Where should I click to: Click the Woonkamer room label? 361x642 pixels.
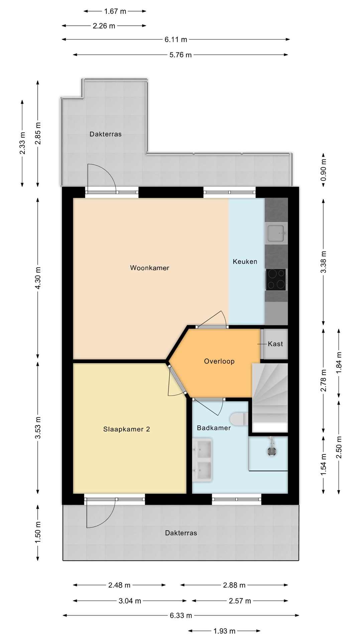click(x=149, y=268)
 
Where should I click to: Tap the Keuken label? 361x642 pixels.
click(x=245, y=261)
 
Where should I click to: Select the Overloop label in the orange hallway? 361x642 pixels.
click(x=219, y=361)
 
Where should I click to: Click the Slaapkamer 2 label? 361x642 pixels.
click(x=126, y=429)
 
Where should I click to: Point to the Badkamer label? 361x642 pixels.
click(x=214, y=428)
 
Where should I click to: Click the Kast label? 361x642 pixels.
click(x=275, y=344)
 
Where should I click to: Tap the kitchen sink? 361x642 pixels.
click(x=276, y=233)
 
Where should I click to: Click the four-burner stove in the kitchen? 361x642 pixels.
click(x=276, y=280)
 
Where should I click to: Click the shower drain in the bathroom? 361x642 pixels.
click(x=272, y=451)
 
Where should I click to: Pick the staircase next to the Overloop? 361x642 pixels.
click(x=269, y=398)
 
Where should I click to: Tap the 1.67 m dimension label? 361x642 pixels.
click(x=115, y=11)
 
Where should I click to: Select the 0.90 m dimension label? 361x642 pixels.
click(x=323, y=170)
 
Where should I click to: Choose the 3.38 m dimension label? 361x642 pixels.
click(x=323, y=261)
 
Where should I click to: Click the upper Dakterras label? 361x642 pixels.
click(x=106, y=134)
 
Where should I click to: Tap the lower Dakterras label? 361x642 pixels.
click(x=181, y=533)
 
